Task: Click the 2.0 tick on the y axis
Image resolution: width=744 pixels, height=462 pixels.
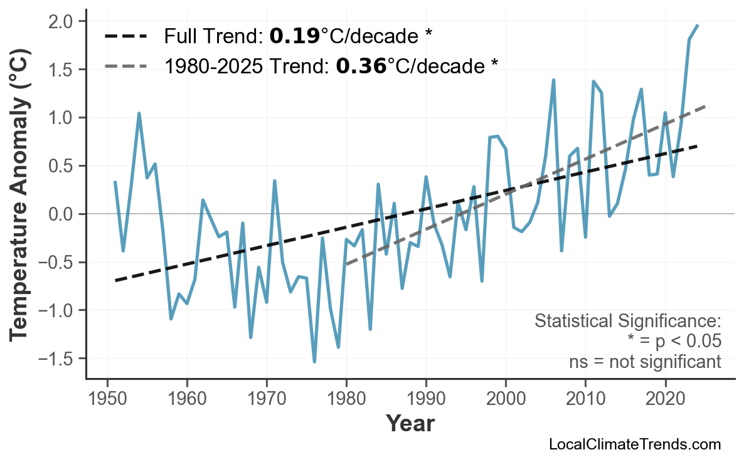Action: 65,22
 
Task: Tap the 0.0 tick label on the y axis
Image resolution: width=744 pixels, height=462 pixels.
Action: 65,214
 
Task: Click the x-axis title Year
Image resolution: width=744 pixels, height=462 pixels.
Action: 410,424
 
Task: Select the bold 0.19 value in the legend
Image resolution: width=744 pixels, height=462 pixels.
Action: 294,36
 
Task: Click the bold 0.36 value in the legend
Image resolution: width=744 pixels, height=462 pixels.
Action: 361,65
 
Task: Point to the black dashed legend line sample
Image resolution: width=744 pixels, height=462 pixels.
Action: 125,36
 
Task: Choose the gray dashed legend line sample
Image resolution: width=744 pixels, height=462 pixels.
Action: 125,65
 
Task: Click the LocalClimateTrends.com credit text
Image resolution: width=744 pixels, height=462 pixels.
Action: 634,444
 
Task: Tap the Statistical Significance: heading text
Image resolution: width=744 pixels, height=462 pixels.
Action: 627,322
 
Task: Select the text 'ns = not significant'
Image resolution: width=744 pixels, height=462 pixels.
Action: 645,362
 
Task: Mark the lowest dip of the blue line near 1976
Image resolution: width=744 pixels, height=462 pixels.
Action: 314,362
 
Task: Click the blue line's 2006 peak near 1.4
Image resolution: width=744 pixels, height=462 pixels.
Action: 553,80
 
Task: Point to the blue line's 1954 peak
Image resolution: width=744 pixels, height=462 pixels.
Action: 139,113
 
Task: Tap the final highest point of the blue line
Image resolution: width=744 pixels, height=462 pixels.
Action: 698,25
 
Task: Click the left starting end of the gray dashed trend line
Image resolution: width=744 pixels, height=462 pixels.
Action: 346,264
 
